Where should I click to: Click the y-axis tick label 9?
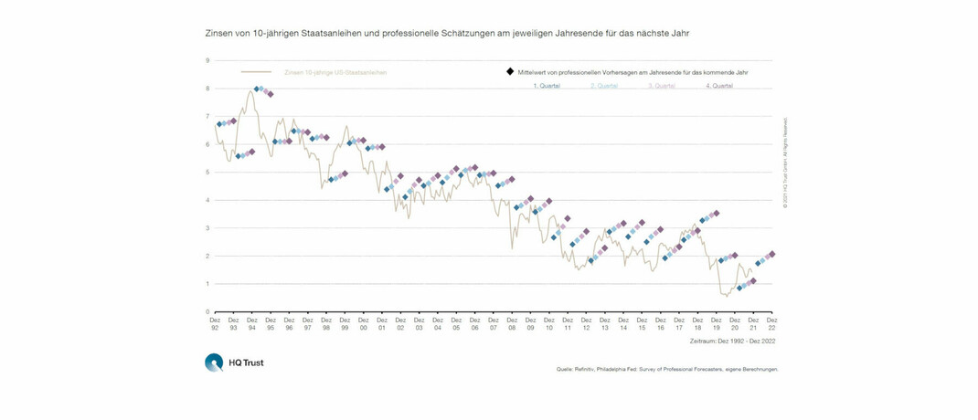(207, 60)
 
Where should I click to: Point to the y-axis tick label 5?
(207, 172)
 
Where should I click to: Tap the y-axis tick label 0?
(207, 311)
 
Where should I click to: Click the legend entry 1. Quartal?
(547, 86)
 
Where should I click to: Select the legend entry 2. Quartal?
(604, 86)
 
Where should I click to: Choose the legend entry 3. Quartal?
(662, 86)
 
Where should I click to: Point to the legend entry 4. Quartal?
(718, 86)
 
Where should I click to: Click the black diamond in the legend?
(509, 70)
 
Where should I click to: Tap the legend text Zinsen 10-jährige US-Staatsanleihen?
(324, 70)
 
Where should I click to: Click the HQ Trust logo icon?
(214, 362)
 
